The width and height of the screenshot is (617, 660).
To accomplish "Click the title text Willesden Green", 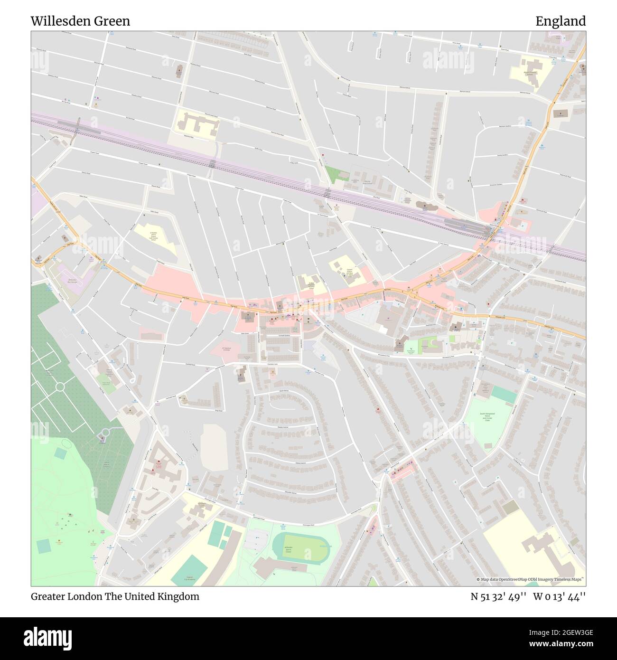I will coord(80,21).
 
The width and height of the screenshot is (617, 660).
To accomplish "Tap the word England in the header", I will coord(561,21).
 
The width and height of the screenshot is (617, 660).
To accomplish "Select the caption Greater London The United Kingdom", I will coord(115,596).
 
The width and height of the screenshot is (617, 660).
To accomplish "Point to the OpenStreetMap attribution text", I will coord(531,579).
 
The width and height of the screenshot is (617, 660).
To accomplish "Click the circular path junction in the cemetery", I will coord(60,387).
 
